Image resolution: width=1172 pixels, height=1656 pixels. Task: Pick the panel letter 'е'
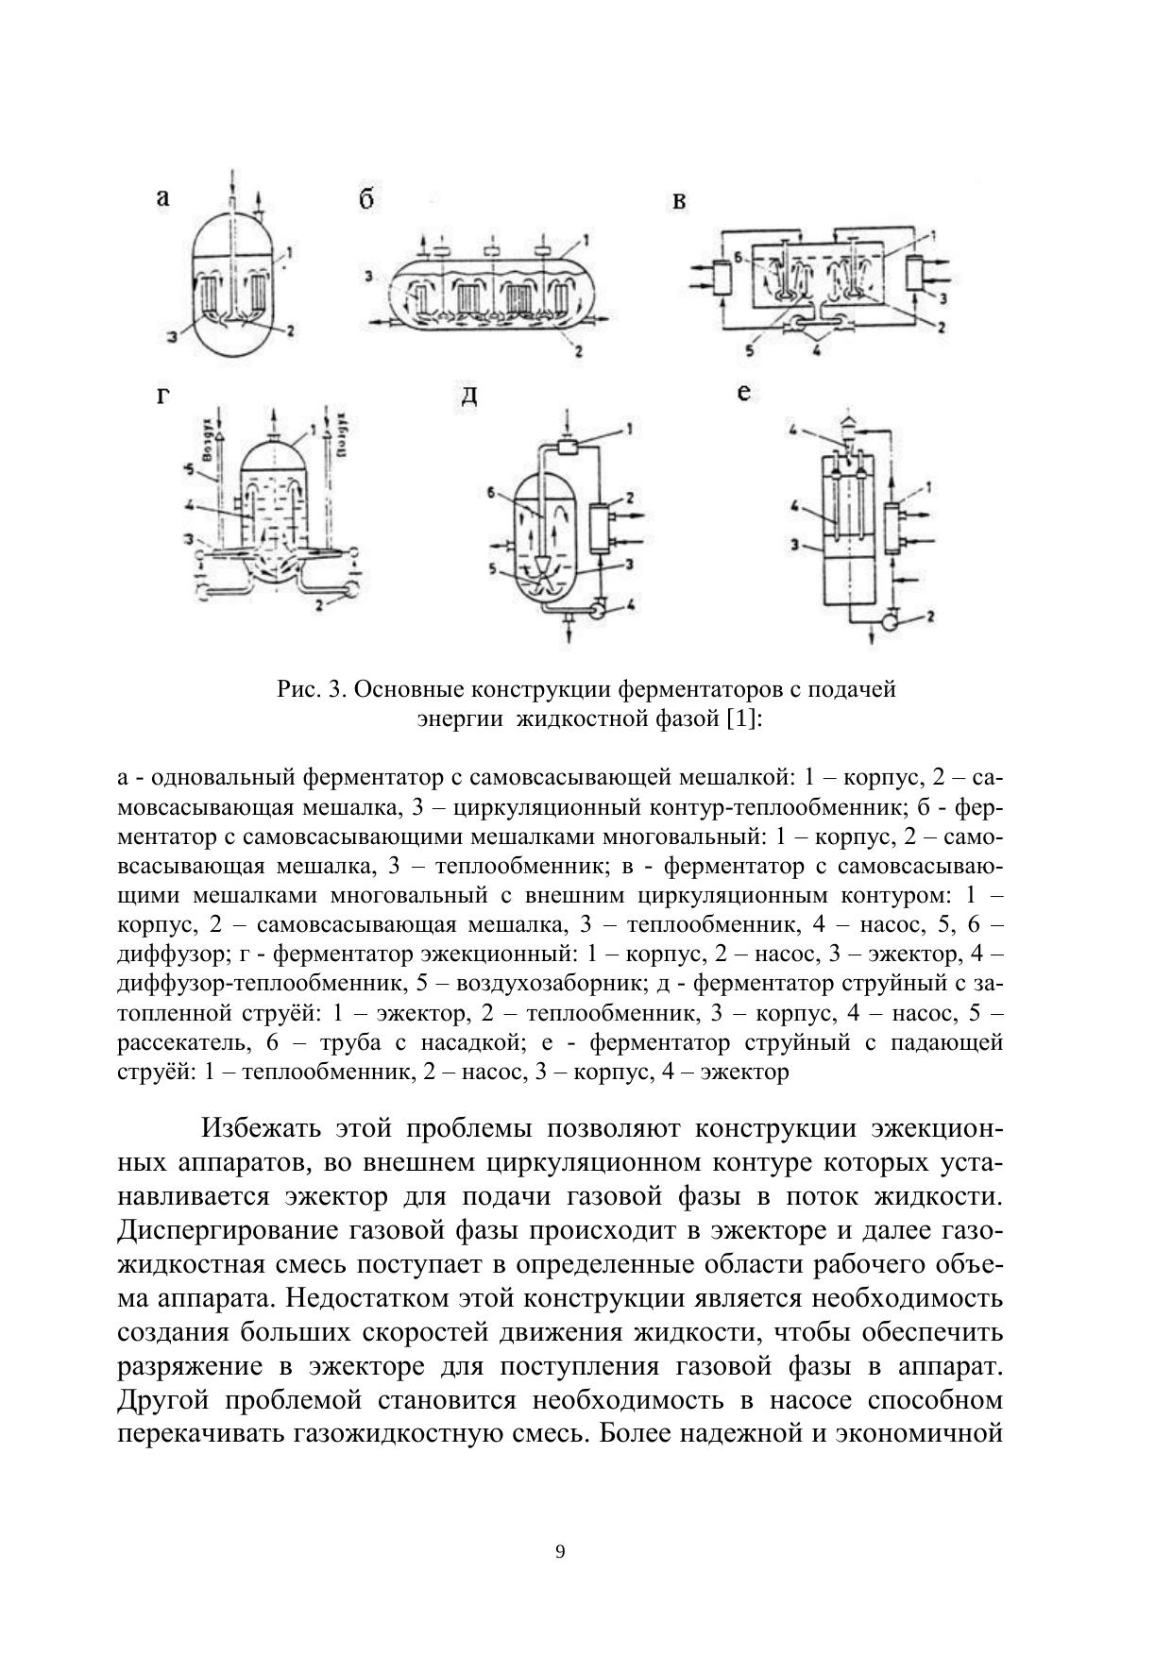[743, 392]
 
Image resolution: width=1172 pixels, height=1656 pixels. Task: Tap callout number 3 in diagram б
[369, 277]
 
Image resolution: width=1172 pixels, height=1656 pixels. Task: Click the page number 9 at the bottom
[561, 1552]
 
